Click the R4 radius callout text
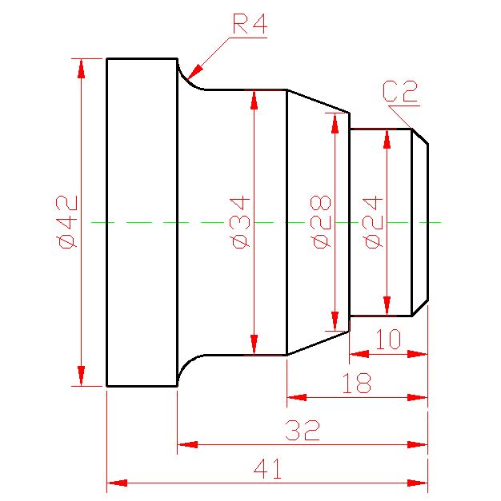pos(250,23)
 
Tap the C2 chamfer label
pos(400,91)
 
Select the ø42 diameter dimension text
pos(66,222)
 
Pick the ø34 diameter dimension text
pos(239,223)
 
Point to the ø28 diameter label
pos(320,222)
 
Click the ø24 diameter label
pos(373,222)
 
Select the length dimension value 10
pos(388,339)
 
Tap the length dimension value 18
pos(357,383)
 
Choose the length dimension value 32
pos(303,430)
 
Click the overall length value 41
pos(267,468)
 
